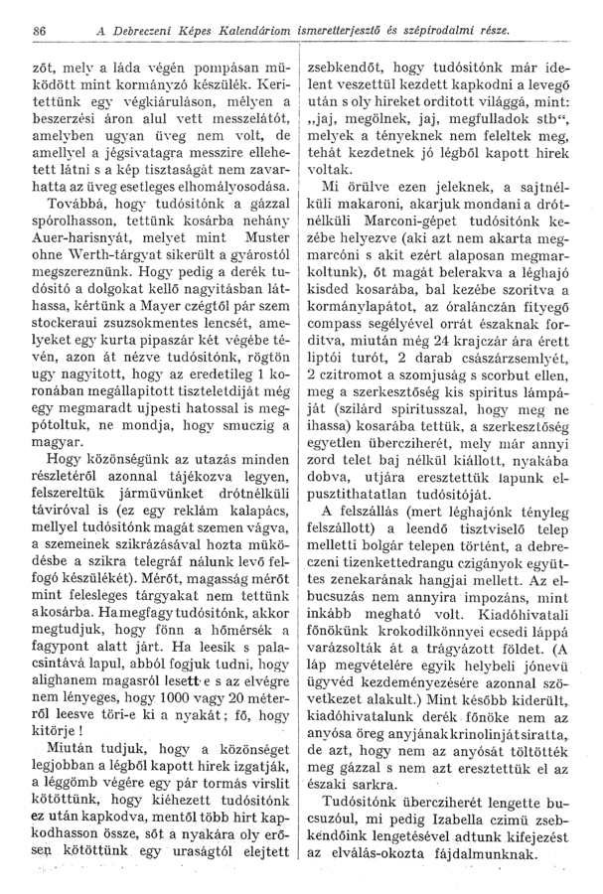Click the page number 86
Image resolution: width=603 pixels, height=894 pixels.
(42, 32)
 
